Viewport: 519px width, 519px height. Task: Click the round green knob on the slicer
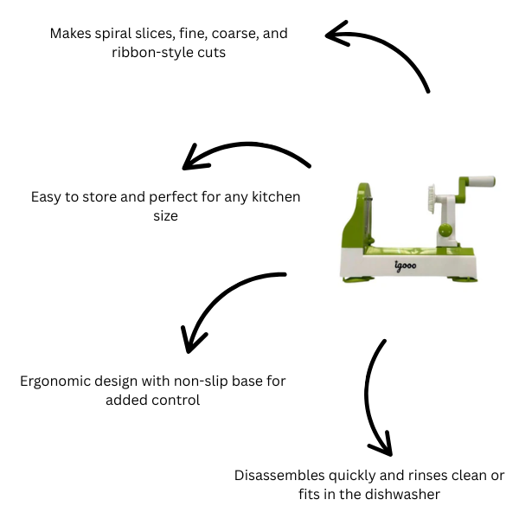pyautogui.click(x=444, y=229)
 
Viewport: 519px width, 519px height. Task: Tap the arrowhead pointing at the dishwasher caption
pyautogui.click(x=381, y=448)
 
